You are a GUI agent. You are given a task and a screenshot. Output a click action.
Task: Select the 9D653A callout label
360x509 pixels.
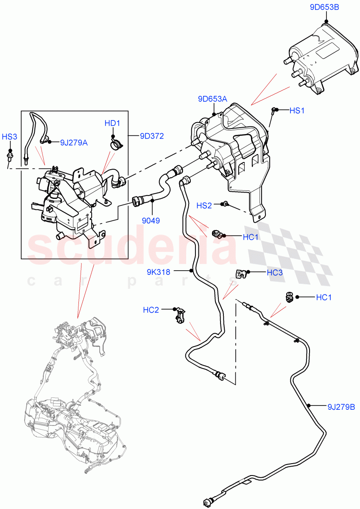(212, 99)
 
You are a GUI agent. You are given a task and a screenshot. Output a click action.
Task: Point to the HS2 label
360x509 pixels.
(204, 206)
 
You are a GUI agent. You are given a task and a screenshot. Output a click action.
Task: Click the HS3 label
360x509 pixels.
(9, 137)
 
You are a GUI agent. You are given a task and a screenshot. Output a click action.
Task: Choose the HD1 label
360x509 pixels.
(112, 123)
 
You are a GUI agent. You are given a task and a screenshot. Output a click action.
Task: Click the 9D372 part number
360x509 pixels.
(152, 136)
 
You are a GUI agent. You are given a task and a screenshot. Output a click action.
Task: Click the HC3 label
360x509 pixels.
(274, 273)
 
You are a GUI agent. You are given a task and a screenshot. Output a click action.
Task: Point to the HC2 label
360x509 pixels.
(151, 310)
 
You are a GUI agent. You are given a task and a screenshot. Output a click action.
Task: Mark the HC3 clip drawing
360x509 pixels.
(242, 274)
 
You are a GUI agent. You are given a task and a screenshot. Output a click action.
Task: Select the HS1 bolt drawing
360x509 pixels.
(273, 112)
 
